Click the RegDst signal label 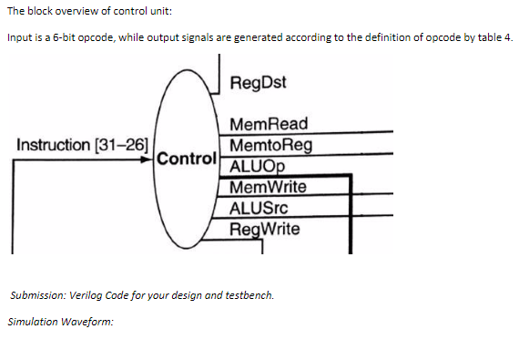tap(259, 83)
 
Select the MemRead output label tap(270, 123)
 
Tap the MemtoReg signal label tap(272, 144)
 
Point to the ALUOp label tap(259, 165)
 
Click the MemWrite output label tap(270, 188)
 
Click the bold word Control tap(187, 157)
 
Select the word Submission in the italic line tap(35, 296)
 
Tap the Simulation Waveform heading tap(59, 322)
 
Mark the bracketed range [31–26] tap(120, 144)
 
